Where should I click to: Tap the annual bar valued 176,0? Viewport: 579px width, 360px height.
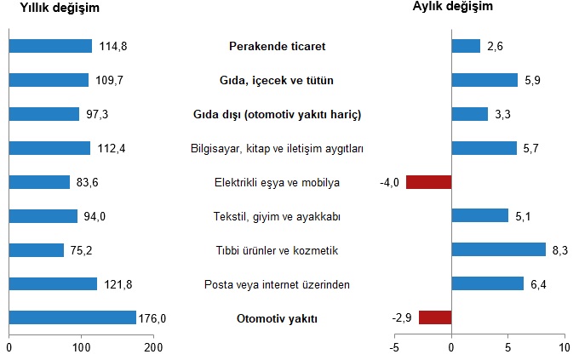pos(72,317)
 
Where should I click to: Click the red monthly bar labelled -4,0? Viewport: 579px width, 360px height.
pos(428,181)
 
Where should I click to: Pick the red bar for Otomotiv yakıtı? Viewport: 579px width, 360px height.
pos(435,317)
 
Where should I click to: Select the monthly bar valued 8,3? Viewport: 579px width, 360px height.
pos(498,249)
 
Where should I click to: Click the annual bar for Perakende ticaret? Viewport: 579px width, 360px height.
pos(50,46)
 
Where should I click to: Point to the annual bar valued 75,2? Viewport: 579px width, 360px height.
pos(37,249)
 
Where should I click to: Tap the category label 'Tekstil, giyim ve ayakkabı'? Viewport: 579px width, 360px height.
pos(278,217)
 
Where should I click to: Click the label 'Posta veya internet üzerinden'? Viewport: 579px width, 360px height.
pos(278,284)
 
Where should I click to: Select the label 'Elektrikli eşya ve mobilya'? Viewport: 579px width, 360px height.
pos(278,182)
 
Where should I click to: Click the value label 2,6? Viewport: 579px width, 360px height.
pos(496,46)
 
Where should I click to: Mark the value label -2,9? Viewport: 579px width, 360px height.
pos(402,318)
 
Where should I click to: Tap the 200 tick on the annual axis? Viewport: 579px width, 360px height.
pos(154,347)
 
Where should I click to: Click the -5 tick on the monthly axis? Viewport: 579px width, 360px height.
pos(394,347)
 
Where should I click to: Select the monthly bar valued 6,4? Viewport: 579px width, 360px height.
pos(488,283)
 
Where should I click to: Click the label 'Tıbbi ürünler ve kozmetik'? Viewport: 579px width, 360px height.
pos(278,250)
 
